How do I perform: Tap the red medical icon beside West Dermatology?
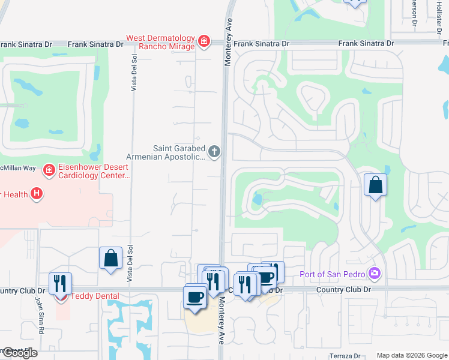[x=204, y=41]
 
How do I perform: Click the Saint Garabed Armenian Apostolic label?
[x=179, y=152]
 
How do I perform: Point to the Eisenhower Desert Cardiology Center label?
[x=93, y=171]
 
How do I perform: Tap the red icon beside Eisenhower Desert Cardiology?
[x=49, y=171]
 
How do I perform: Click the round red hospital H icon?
[x=37, y=193]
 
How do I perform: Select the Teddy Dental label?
[x=95, y=296]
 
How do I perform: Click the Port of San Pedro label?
[x=333, y=275]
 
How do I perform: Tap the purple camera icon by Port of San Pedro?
[x=375, y=274]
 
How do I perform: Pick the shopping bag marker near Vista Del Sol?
[x=111, y=259]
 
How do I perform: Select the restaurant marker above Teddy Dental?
[x=61, y=283]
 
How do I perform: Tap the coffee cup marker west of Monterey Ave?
[x=194, y=298]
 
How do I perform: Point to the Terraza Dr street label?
[x=345, y=355]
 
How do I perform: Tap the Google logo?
[x=19, y=353]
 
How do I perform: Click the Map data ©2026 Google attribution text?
[x=411, y=355]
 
